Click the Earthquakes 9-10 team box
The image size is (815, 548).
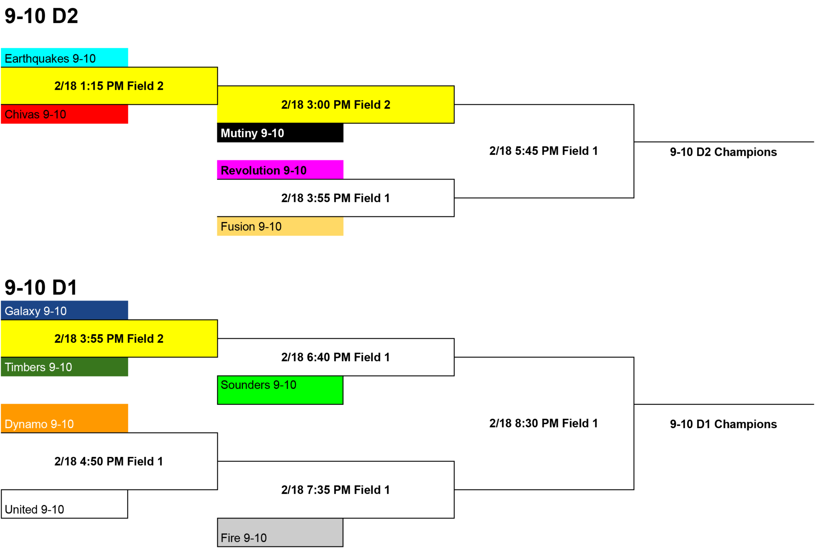pos(64,58)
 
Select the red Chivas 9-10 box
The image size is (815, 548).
pos(64,114)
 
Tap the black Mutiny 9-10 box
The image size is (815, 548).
pos(280,133)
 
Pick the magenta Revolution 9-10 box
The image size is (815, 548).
pos(280,170)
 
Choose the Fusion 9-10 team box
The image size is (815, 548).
pos(280,226)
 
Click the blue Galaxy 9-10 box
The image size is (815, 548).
pos(64,310)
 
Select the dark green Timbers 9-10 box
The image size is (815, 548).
pos(64,367)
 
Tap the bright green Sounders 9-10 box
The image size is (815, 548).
pos(280,390)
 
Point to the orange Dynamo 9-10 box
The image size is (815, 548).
pos(64,418)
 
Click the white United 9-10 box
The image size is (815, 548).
pos(64,504)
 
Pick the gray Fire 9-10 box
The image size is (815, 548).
pos(280,532)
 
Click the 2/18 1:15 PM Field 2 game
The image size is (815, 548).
pos(109,86)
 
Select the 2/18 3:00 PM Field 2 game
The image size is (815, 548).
pos(335,105)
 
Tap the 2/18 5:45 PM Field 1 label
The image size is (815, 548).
pos(544,151)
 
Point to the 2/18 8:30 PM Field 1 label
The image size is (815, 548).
pos(544,423)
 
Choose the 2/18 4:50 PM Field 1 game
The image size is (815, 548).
pos(109,461)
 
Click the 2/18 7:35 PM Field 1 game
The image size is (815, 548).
pos(335,490)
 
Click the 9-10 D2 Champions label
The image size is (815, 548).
pos(723,152)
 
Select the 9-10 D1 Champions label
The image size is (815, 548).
pos(723,424)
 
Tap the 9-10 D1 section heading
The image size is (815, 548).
pos(41,287)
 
